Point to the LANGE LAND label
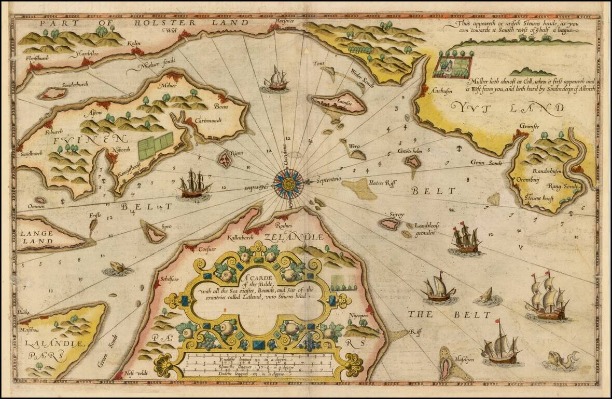coord(37,237)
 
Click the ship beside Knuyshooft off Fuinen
coord(194,184)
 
